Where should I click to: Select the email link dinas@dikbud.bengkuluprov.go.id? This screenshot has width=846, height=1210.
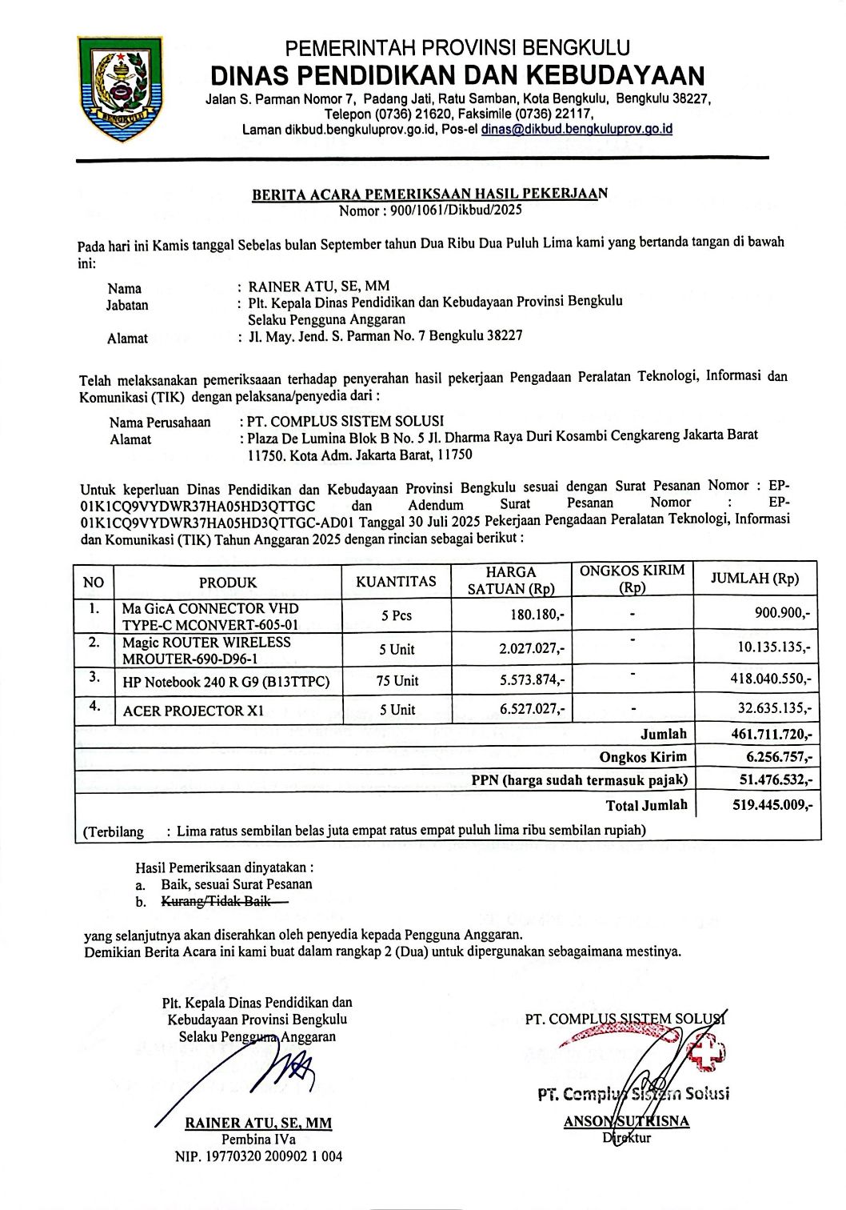click(x=576, y=129)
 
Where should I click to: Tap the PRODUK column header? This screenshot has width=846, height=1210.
click(x=228, y=582)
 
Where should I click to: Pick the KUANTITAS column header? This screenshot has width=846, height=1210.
click(x=396, y=581)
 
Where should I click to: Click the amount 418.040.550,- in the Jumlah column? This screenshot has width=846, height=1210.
click(x=771, y=680)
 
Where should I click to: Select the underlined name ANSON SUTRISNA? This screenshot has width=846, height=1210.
click(x=626, y=1122)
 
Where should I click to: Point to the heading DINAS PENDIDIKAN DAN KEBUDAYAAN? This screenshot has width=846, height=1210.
click(x=457, y=75)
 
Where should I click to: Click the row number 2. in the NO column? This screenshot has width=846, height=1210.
click(x=94, y=642)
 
